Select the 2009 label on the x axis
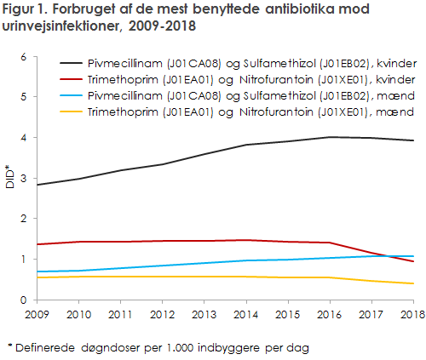point(37,315)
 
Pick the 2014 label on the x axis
point(245,315)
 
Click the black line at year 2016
point(329,137)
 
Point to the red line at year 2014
point(245,240)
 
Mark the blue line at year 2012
point(162,266)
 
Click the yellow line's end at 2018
point(412,283)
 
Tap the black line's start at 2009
point(37,185)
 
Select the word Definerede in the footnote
point(45,346)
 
